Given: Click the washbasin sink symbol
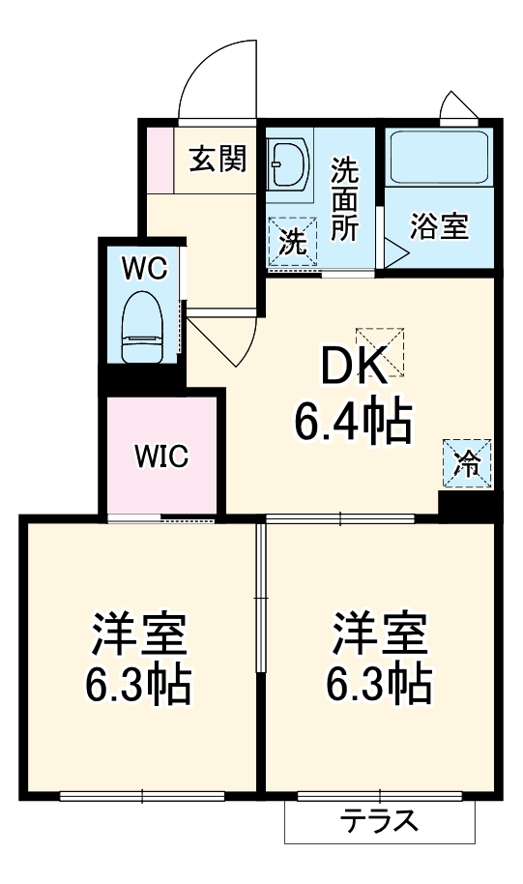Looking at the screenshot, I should click(288, 165).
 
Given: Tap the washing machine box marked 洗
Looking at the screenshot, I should click(291, 240).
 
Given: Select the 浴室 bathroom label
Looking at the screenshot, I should click(439, 226).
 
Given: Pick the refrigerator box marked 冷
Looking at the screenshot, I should click(467, 462).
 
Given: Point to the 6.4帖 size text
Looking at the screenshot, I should click(353, 421).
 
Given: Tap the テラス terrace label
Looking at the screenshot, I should click(379, 822).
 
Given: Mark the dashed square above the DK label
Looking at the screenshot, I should click(381, 349).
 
